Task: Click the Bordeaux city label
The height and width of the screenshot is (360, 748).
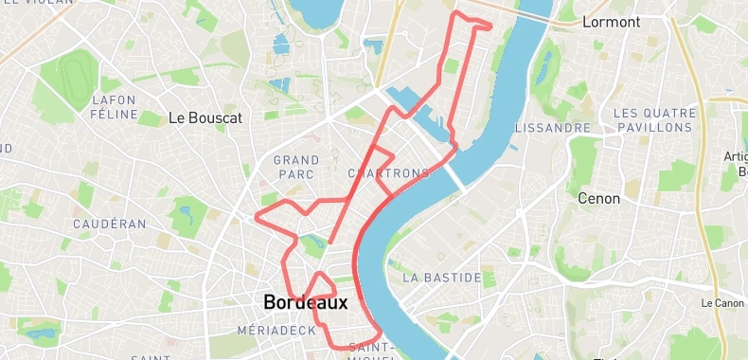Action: coord(305,303)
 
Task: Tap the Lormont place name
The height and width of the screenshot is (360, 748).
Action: coord(612,22)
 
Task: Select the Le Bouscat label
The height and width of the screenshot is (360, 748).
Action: coord(205,118)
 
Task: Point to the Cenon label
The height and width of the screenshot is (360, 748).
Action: coord(599,199)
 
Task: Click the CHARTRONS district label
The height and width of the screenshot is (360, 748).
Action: coord(388,173)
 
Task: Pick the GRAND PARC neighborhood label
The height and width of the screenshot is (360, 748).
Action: coord(296,167)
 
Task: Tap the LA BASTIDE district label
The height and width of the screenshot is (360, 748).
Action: coord(442,279)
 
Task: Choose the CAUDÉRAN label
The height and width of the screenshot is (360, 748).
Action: coord(110,225)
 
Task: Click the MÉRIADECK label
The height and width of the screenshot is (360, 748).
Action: coord(276,331)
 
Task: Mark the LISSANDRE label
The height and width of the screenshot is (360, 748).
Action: coord(553,127)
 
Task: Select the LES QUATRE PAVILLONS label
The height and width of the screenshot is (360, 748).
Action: coord(653,119)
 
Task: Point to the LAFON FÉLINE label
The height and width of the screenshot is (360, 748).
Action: coord(114,106)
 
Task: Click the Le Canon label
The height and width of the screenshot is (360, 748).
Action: coord(722,303)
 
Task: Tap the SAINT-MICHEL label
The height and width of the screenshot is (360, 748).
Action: coord(370,351)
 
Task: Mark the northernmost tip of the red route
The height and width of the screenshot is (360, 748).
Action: coord(459,12)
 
